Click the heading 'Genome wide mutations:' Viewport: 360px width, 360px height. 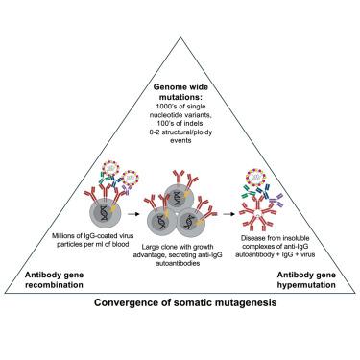coord(180,91)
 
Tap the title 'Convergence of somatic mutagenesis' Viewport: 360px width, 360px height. coord(185,302)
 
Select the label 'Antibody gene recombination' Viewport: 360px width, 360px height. coord(54,279)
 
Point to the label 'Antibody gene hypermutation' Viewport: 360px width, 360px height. coord(306,279)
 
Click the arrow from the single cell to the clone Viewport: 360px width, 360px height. coord(133,214)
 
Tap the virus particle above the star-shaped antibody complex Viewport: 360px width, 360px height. coord(256,177)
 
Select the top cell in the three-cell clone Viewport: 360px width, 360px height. coord(180,199)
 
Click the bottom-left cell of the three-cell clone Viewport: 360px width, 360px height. coord(162,222)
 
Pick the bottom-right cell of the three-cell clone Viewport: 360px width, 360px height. coord(191,222)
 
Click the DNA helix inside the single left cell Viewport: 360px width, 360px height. coord(104,213)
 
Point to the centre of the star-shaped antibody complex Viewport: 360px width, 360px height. coord(258,213)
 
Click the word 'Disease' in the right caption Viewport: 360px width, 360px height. coord(252,238)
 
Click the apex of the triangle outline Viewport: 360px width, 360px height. coord(180,37)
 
